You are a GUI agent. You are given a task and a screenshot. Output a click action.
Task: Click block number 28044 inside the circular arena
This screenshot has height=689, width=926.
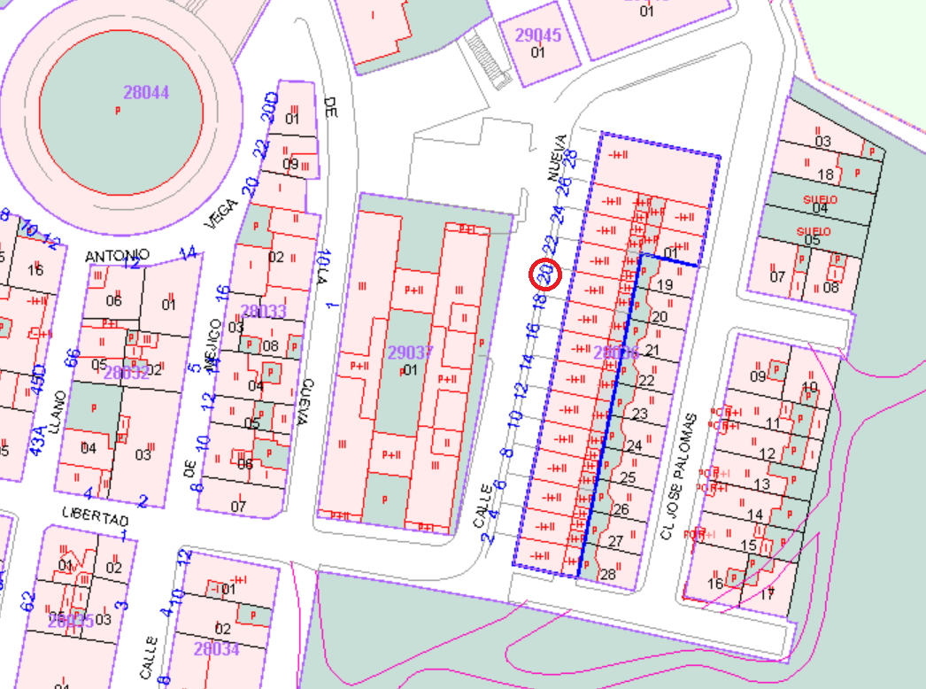tap(146, 92)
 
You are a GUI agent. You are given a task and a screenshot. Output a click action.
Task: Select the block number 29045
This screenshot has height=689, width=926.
tap(537, 35)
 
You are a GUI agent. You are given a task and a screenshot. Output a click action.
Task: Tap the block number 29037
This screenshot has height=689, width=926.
tap(410, 352)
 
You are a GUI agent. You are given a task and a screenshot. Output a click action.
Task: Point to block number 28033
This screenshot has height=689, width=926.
tap(263, 311)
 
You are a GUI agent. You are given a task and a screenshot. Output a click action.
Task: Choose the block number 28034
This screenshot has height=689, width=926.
tap(216, 649)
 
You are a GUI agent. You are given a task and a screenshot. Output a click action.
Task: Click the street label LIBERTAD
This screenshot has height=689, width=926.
tap(96, 515)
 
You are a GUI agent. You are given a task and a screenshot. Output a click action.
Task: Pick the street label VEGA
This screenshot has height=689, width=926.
tap(220, 213)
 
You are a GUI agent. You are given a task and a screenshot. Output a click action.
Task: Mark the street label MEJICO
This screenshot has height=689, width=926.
tap(212, 352)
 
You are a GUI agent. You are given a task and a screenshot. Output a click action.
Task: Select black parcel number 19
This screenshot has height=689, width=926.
tap(665, 285)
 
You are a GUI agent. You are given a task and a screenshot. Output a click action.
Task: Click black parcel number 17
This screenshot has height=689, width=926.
tap(767, 593)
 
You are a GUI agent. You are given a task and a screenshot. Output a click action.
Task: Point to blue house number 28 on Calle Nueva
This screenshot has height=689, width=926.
tap(570, 157)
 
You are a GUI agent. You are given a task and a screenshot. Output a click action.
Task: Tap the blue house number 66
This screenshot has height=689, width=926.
tap(73, 359)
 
